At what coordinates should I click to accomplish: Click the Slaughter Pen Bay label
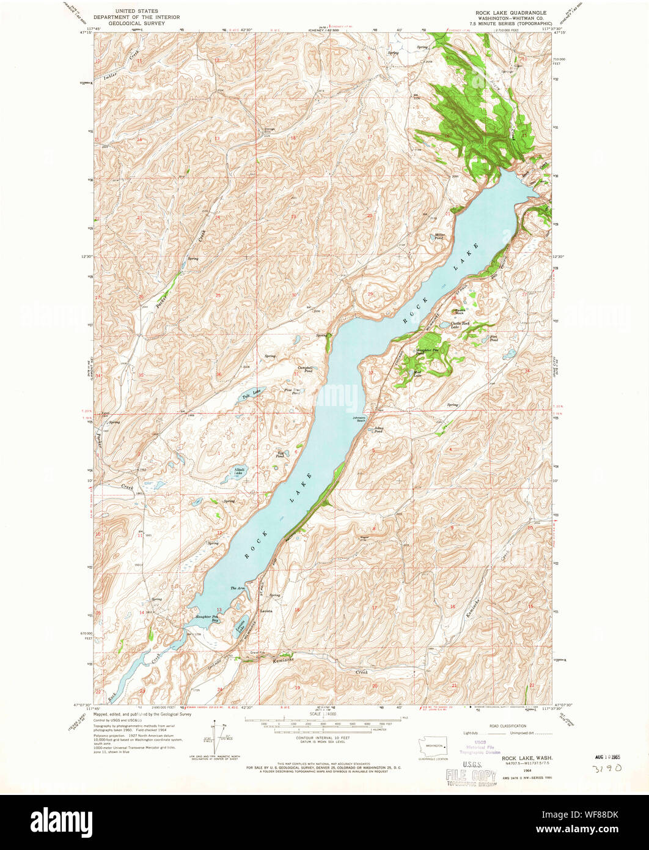point(208,618)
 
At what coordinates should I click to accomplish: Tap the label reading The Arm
point(237,588)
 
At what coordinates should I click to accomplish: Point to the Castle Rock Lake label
point(460,325)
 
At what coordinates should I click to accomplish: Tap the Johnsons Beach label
point(358,419)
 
